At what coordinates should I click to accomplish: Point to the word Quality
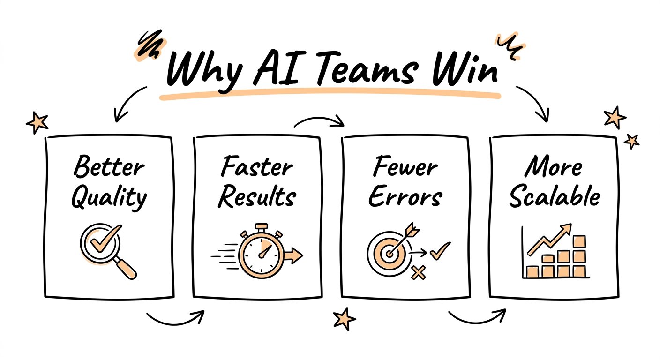[x=109, y=198]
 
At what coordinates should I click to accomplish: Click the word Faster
[x=257, y=166]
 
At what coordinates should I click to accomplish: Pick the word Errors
[x=405, y=196]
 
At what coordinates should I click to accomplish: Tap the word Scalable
[x=555, y=196]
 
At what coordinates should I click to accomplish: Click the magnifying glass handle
[x=125, y=268]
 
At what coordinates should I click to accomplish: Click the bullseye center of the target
[x=390, y=253]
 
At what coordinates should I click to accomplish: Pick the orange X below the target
[x=418, y=272]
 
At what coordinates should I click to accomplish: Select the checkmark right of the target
[x=440, y=251]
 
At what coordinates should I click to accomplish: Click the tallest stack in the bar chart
[x=579, y=256]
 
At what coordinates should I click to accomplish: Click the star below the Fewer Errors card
[x=344, y=319]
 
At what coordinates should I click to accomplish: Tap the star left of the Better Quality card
[x=37, y=122]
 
